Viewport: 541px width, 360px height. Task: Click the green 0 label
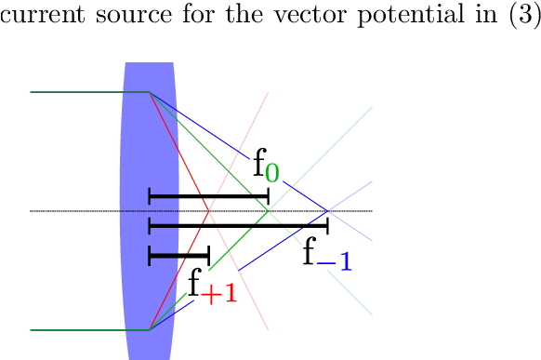click(x=271, y=173)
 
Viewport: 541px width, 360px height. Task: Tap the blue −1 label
click(x=336, y=262)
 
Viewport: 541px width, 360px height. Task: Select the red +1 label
click(x=218, y=294)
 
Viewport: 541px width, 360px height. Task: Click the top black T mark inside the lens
click(x=163, y=197)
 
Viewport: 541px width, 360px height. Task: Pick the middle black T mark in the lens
click(x=163, y=225)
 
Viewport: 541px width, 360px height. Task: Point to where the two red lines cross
click(x=209, y=211)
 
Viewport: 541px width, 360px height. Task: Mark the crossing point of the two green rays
click(x=269, y=211)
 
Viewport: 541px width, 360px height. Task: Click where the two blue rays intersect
click(x=328, y=211)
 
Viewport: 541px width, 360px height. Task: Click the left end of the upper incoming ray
click(x=31, y=92)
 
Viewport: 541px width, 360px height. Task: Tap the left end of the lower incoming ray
click(x=31, y=330)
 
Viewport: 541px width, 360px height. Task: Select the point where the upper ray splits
click(x=150, y=92)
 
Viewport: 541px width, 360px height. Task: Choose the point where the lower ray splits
click(x=150, y=330)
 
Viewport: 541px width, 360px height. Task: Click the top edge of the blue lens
click(x=150, y=63)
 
